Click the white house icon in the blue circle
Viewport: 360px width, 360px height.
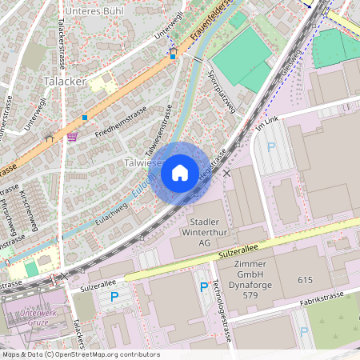[180, 172]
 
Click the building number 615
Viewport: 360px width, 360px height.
[305, 280]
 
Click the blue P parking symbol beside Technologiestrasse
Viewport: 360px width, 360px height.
[204, 287]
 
